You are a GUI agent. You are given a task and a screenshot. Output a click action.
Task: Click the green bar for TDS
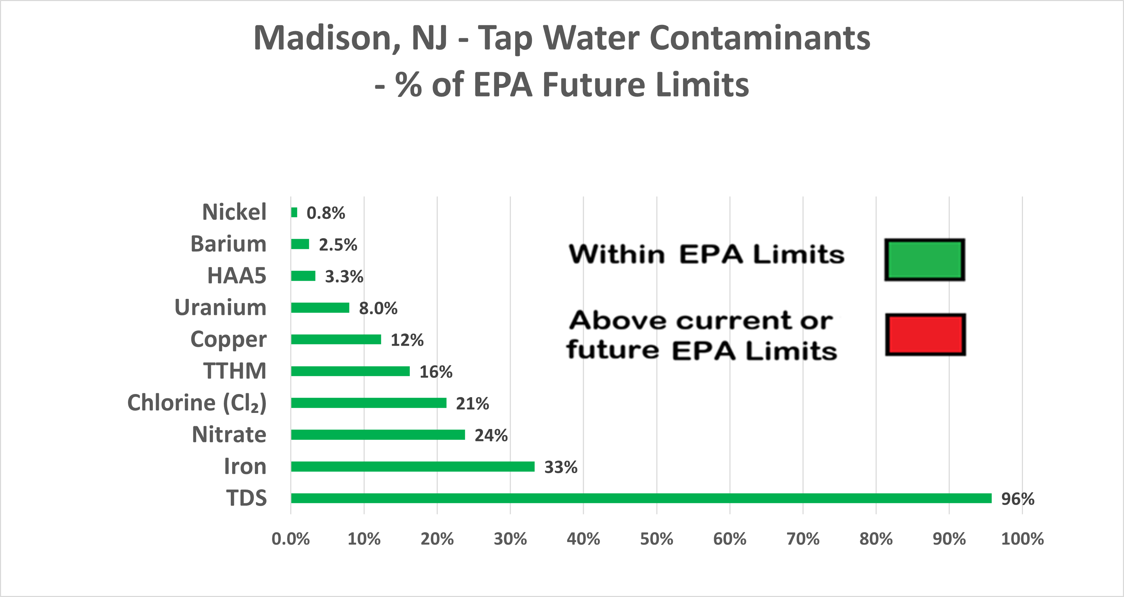pos(641,498)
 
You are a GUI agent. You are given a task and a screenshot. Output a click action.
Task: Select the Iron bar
pos(413,466)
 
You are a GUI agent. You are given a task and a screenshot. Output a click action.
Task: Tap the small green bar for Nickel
pos(294,212)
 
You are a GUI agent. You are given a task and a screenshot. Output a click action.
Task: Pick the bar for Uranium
pos(320,308)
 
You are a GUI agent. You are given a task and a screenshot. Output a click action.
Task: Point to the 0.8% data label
pos(326,213)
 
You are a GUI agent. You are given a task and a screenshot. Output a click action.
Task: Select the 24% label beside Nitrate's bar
pos(491,435)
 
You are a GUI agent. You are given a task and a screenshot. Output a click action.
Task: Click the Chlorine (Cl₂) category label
pos(197,403)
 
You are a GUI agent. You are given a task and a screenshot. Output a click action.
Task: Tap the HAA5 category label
pos(236,275)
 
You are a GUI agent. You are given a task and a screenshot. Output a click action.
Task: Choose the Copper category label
pos(228,339)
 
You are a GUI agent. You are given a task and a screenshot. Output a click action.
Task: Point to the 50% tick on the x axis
pos(656,539)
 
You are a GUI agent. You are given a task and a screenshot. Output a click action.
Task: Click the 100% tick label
pos(1022,539)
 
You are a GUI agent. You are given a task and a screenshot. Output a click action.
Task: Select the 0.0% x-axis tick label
pos(291,539)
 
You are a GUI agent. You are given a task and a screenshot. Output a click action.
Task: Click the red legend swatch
pos(925,334)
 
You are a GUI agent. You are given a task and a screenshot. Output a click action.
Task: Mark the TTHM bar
pos(350,371)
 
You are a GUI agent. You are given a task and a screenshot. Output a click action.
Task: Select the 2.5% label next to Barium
pos(338,245)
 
